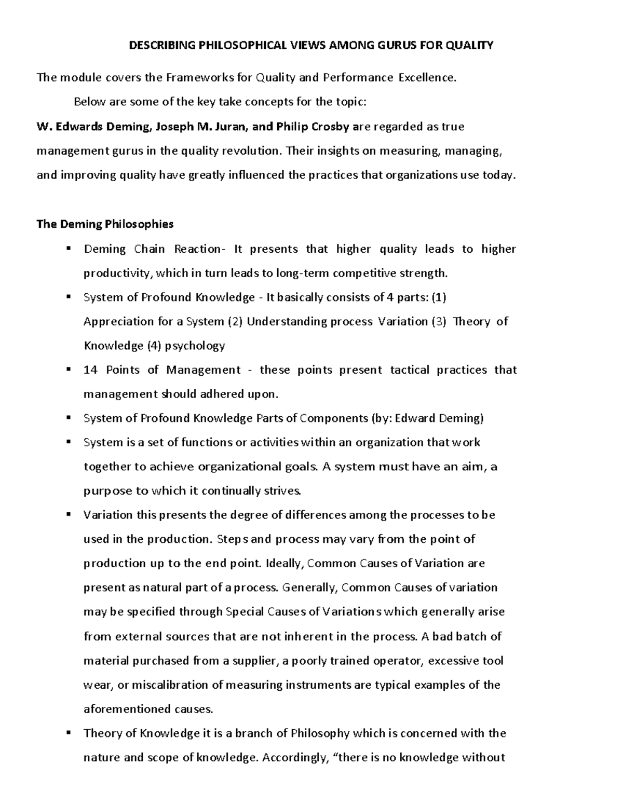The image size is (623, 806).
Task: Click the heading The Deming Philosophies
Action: coord(105,224)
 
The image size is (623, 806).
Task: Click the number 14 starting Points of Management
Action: coord(90,370)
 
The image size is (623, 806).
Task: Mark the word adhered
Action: coord(200,394)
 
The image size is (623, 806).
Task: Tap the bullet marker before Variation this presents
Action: coord(69,515)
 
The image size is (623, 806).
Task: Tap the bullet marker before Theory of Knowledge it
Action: coord(69,733)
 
